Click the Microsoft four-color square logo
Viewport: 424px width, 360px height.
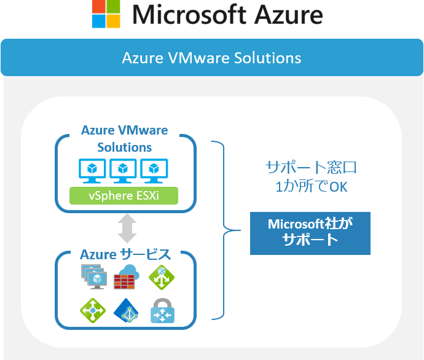click(x=106, y=14)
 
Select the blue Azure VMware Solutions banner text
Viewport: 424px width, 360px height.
click(x=211, y=58)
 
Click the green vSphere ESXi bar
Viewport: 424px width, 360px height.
click(x=124, y=196)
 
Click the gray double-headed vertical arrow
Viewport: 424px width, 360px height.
click(x=127, y=227)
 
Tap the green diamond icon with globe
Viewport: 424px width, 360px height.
click(x=162, y=278)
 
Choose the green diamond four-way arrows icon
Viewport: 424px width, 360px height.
click(x=93, y=310)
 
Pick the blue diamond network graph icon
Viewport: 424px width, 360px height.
click(x=127, y=311)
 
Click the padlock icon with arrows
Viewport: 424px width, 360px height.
click(x=163, y=311)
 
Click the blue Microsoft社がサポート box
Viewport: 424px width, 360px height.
click(x=310, y=232)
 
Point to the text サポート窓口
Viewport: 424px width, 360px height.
click(x=311, y=167)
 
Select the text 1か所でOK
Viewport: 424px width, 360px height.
click(x=311, y=186)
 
